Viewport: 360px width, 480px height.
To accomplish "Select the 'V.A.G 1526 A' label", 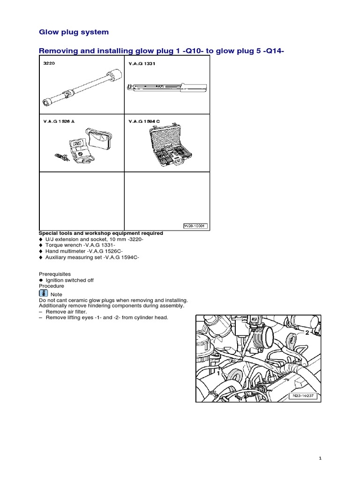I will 56,121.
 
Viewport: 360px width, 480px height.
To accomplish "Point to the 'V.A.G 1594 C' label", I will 144,121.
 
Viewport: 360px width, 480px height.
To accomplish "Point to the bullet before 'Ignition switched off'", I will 41,280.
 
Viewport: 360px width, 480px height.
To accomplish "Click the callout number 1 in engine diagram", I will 218,374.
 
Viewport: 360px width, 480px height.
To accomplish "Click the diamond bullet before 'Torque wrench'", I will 41,245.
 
